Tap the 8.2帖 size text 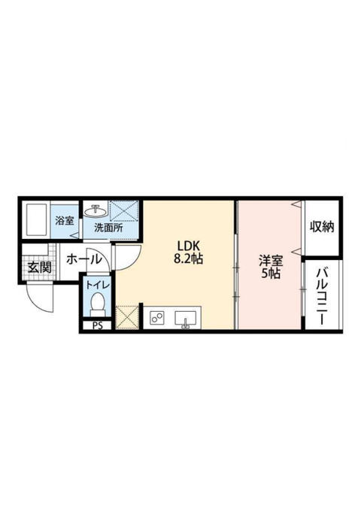189,259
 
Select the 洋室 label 271,261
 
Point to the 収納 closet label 322,227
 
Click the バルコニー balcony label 322,296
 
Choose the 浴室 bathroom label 65,221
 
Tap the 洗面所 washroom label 108,228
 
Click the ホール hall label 84,260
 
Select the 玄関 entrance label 39,268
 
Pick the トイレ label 98,285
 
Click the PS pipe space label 97,325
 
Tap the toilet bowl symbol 98,304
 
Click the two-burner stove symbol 157,317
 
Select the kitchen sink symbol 186,319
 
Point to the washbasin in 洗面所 96,211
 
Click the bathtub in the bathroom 37,220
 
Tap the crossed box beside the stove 128,317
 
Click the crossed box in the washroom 124,211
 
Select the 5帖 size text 271,274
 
